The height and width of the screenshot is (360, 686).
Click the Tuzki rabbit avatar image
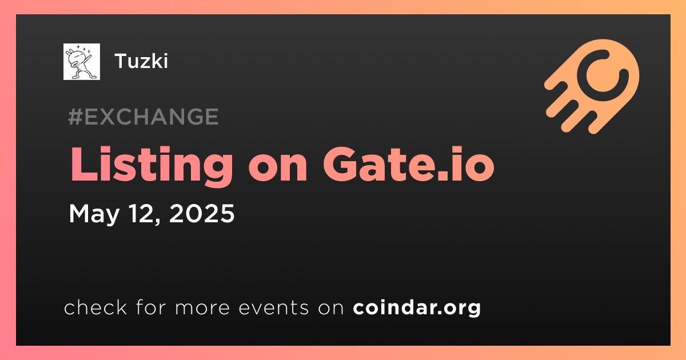click(81, 62)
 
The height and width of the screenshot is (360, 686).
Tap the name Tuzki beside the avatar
click(141, 61)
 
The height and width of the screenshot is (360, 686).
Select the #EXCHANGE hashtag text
click(143, 117)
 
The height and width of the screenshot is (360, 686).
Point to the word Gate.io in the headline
click(409, 164)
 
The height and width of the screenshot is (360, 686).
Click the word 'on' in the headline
click(278, 169)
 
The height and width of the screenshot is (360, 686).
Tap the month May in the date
click(94, 214)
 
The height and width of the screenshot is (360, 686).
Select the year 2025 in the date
click(202, 213)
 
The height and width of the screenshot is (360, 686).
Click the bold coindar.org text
click(417, 307)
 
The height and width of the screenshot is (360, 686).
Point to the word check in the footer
click(95, 307)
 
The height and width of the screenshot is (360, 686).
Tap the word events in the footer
click(273, 307)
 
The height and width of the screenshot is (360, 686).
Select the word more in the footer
click(202, 308)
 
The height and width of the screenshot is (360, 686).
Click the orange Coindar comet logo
click(592, 86)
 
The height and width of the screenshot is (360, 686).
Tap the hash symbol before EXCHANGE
click(75, 117)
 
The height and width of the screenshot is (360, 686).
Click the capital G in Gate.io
click(340, 165)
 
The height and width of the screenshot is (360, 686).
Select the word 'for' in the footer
click(151, 307)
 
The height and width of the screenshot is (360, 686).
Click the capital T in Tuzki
click(121, 61)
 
